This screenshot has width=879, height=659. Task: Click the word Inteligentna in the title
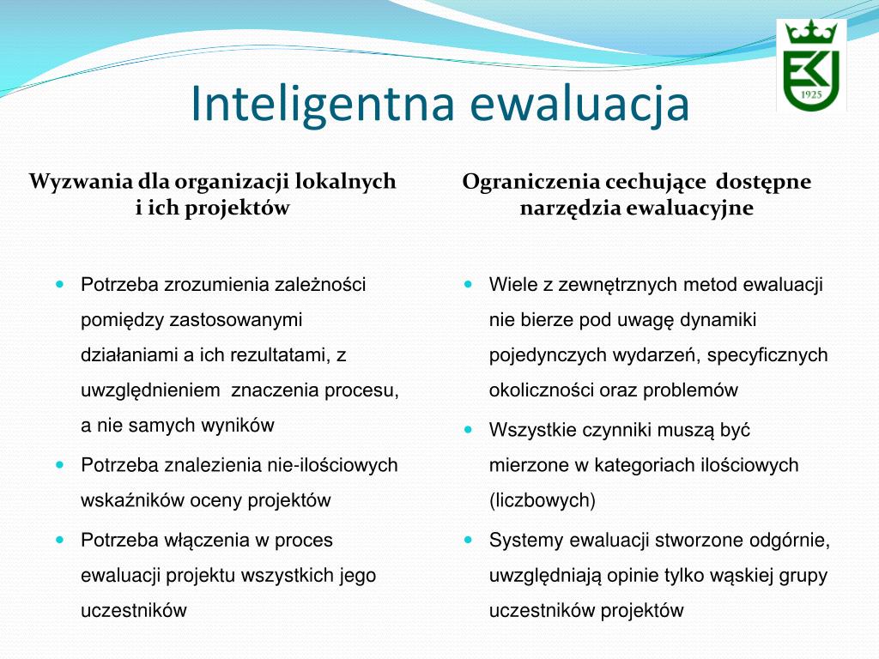click(x=323, y=105)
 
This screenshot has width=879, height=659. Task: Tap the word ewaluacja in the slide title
click(x=579, y=105)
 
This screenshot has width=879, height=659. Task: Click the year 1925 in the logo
click(x=811, y=94)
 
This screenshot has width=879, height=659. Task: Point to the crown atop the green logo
click(x=811, y=33)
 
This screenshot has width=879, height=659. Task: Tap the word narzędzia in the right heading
click(x=570, y=209)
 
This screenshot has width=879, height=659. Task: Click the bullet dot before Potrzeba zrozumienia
click(x=61, y=285)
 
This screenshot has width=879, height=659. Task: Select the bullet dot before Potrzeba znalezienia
click(x=61, y=465)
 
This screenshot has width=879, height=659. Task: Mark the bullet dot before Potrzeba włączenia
click(x=61, y=541)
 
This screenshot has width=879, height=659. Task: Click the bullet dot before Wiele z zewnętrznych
click(x=469, y=285)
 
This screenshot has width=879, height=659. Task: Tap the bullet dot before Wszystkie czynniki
click(x=469, y=430)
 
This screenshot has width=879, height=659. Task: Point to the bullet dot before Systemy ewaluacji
click(x=469, y=541)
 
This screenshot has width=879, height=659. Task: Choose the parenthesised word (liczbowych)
click(x=543, y=500)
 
